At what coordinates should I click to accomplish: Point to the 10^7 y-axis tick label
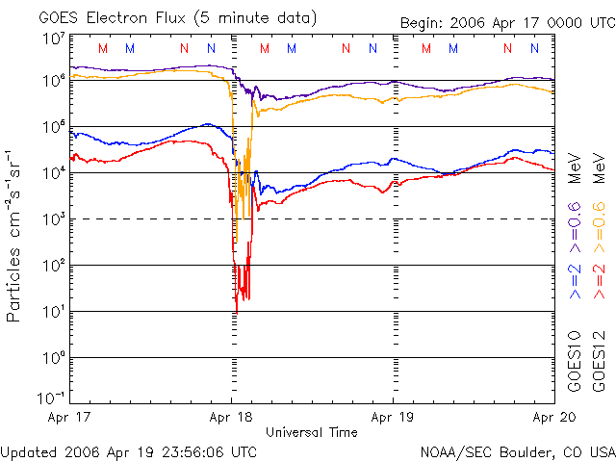(53, 38)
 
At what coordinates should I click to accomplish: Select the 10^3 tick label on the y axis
(53, 219)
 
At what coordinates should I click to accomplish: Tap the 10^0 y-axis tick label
(53, 358)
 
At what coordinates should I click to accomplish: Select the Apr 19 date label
(393, 418)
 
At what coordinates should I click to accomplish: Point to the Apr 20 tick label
(552, 418)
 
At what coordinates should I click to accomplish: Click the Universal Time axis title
(311, 432)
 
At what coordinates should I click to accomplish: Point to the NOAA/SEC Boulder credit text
(517, 451)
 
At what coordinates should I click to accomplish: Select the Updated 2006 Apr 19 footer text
(129, 451)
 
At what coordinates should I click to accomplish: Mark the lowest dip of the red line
(237, 309)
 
